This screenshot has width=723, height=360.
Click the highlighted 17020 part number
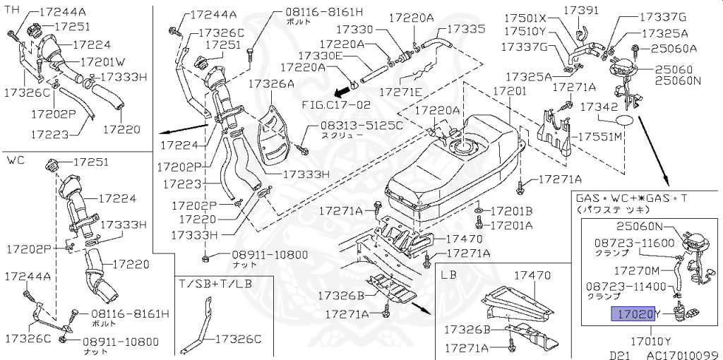click(x=631, y=313)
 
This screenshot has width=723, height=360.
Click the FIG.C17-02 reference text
click(x=336, y=103)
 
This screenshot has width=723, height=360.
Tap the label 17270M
click(x=636, y=270)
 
